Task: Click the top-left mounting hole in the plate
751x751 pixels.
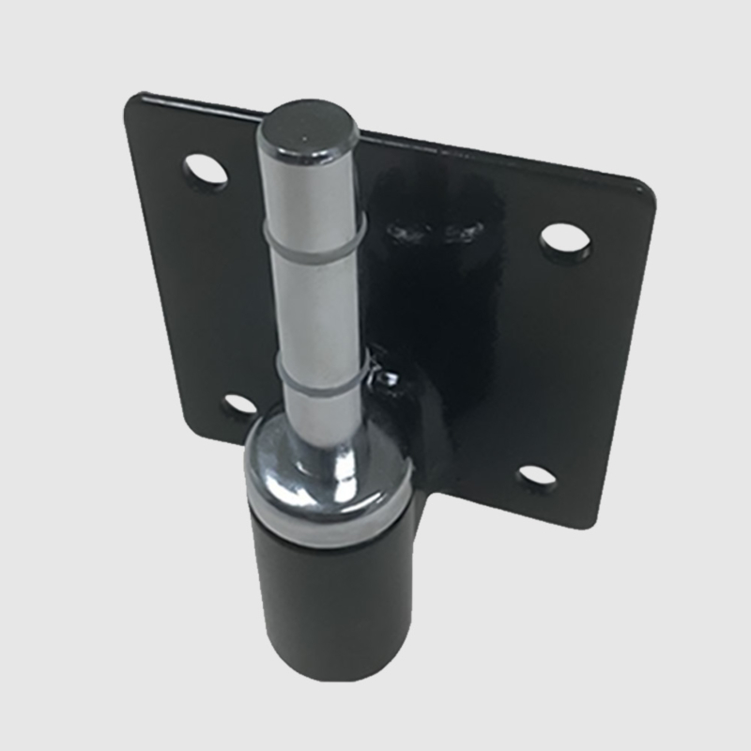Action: (206, 172)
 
